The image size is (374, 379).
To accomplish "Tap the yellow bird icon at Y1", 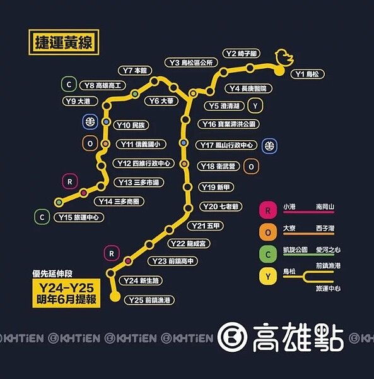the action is [283, 59].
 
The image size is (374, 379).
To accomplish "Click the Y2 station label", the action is [240, 54].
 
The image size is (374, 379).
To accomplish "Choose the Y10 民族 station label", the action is [131, 125].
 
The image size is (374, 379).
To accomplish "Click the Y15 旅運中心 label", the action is [79, 217].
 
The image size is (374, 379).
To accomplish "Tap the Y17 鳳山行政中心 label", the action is [226, 145].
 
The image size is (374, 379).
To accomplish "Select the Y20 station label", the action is [220, 207].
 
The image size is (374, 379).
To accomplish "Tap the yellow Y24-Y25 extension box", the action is [66, 292].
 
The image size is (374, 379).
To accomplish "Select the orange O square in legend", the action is [268, 232].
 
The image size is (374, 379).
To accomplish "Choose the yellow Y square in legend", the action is [268, 277].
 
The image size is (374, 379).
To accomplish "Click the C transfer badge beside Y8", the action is [67, 84].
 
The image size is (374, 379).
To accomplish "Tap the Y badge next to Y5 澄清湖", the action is [255, 105].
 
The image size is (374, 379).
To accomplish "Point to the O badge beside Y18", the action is [252, 167].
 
